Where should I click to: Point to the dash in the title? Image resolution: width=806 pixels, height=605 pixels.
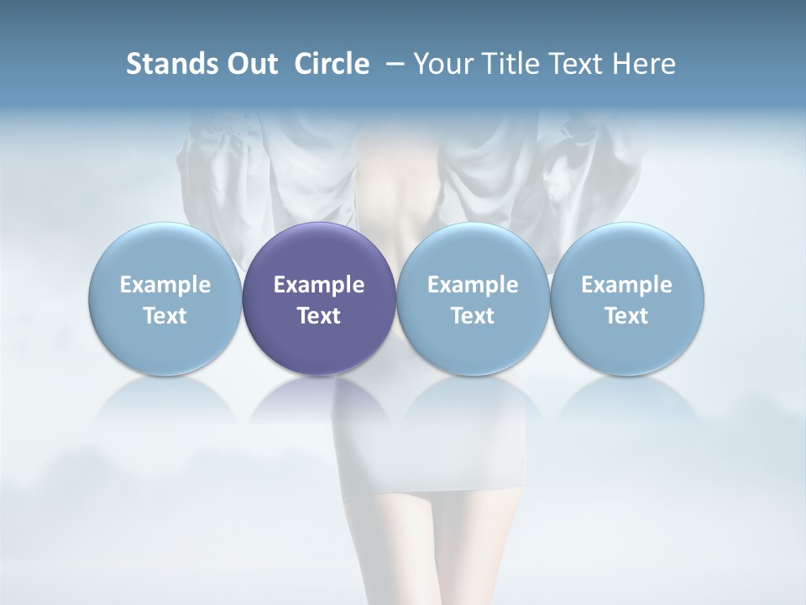[392, 64]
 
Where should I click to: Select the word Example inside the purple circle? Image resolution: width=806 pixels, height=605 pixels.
[319, 285]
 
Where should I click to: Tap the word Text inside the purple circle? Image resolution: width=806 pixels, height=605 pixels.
[319, 316]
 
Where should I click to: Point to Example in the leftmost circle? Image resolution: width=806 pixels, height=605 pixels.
[165, 285]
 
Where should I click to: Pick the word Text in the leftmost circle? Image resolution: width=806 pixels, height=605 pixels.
[165, 316]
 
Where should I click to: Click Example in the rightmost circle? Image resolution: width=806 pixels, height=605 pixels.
[626, 285]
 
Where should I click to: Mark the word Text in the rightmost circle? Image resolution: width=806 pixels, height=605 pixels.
[626, 316]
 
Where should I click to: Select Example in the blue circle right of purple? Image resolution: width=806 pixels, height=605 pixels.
[473, 285]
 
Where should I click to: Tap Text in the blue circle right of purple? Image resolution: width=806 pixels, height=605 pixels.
[473, 316]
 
